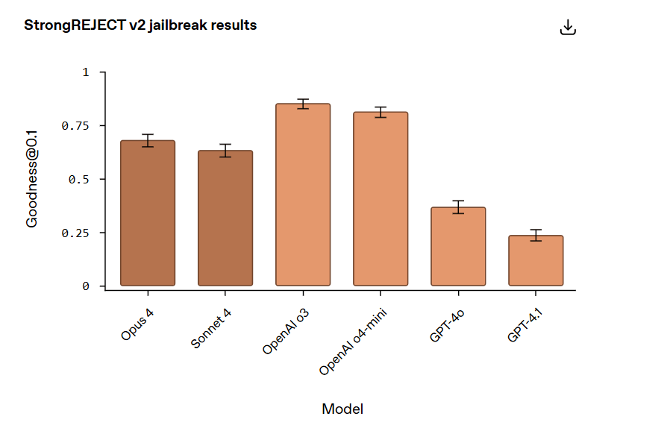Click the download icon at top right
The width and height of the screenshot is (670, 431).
click(568, 28)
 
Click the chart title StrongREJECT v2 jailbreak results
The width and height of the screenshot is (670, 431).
click(140, 25)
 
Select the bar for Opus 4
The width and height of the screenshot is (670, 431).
click(148, 213)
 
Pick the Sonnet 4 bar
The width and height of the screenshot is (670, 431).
click(225, 218)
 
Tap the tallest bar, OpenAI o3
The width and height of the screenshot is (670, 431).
click(303, 195)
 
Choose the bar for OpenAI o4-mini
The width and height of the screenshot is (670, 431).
click(381, 199)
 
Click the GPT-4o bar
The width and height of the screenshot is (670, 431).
click(458, 247)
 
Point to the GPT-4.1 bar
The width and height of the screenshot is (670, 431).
click(536, 261)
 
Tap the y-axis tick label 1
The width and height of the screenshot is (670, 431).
click(85, 72)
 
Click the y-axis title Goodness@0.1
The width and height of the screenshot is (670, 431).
click(32, 179)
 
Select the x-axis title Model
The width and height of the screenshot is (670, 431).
click(342, 409)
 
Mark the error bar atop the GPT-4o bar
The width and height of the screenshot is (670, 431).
click(458, 207)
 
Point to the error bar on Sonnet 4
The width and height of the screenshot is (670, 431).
click(225, 150)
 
